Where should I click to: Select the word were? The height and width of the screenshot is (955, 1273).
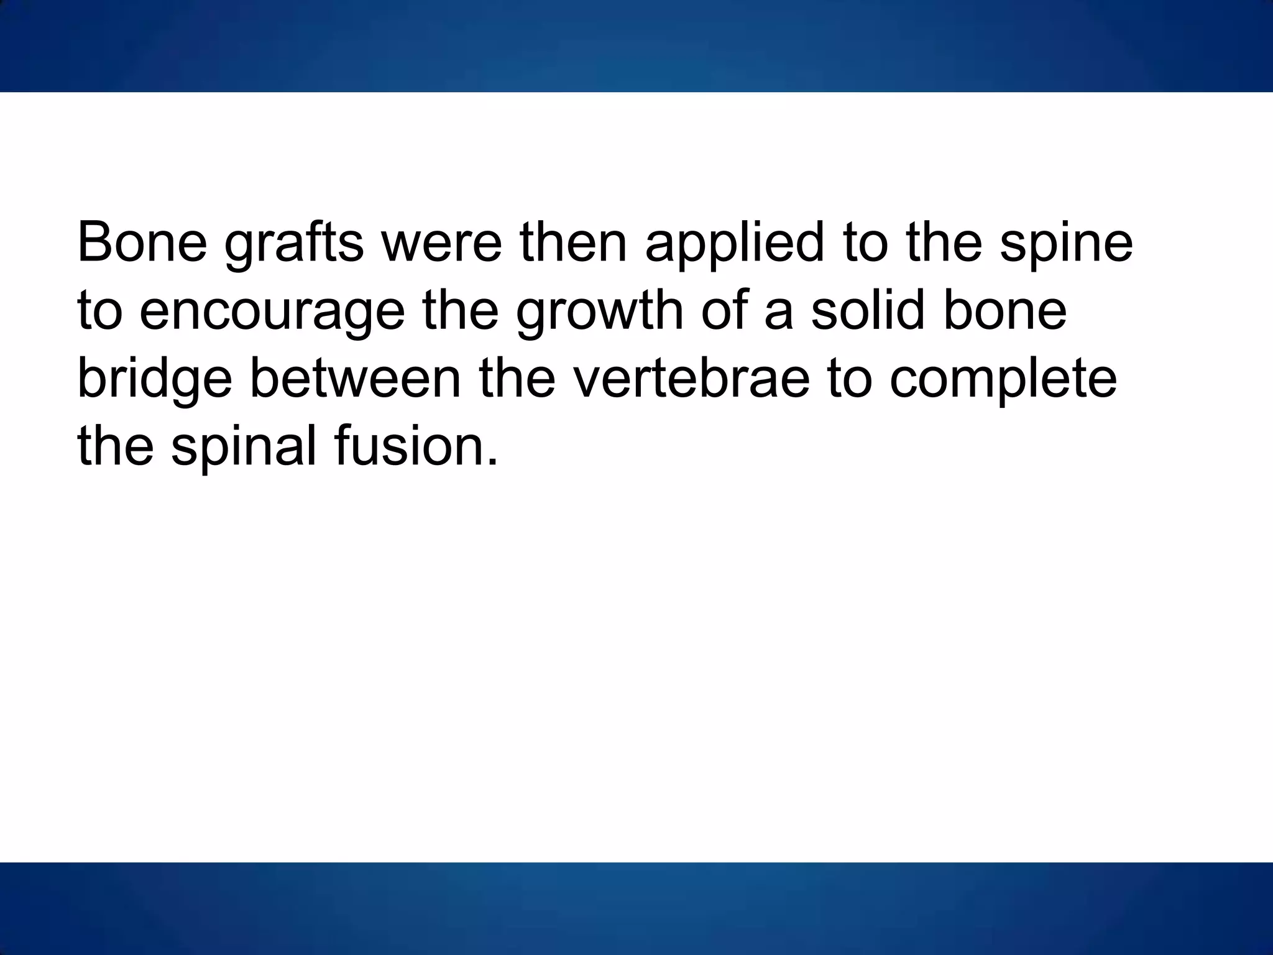441,242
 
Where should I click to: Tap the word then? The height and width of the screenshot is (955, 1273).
573,242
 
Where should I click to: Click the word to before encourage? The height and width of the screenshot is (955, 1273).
99,311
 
